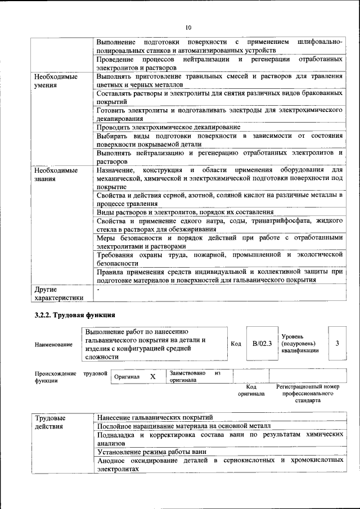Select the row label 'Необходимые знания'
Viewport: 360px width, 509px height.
[x=56, y=174]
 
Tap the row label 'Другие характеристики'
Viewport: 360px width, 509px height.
[x=58, y=293]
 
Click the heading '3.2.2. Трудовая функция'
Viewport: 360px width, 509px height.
[x=75, y=315]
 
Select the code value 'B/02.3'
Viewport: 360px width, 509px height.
[x=262, y=343]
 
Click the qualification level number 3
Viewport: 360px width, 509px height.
[x=336, y=343]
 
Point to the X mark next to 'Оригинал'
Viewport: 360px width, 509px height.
[x=152, y=377]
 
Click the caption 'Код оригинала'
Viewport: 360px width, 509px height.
[x=251, y=390]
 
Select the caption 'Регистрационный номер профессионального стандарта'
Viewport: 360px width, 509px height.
[x=308, y=394]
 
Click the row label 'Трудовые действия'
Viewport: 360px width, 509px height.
[x=50, y=422]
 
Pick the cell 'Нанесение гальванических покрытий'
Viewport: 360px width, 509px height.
[x=155, y=417]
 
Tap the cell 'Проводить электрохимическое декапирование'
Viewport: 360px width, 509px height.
[x=168, y=128]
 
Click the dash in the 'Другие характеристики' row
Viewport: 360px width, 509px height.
[x=98, y=289]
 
